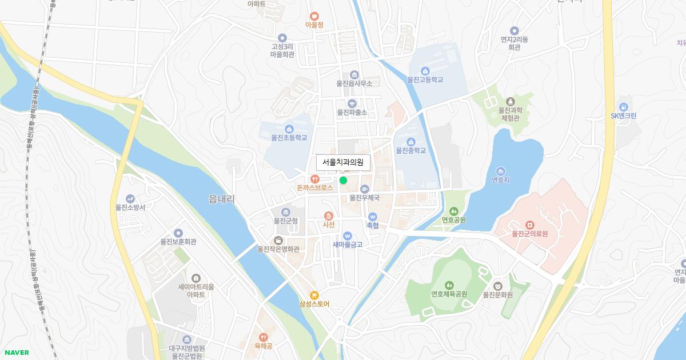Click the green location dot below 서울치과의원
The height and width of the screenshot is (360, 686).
pos(343,181)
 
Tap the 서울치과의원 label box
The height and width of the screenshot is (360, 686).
pos(343,162)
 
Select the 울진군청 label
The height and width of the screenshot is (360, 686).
pos(286,221)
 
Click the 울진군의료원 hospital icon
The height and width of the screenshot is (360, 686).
pos(529,224)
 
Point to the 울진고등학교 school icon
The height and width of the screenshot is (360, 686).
pos(425,70)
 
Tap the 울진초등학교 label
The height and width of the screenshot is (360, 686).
pos(289,138)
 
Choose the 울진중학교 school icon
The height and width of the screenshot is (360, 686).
pos(410,142)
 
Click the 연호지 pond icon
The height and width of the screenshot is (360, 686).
pos(501,171)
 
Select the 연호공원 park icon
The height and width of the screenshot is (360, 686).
pos(453,210)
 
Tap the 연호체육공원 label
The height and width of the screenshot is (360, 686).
pos(449,294)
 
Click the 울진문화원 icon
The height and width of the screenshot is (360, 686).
pos(497,285)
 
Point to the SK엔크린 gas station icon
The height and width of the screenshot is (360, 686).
pos(623,106)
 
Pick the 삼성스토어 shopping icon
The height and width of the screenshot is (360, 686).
pos(314,295)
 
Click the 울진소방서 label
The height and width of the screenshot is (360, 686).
pos(130,207)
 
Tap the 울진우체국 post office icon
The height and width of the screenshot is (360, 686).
pos(365,189)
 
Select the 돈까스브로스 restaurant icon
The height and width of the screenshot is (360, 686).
pos(314,178)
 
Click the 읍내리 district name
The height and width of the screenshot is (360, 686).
pos(222,198)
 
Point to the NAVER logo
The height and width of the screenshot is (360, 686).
pos(15,353)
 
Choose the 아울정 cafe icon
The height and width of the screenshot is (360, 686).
pos(314,16)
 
